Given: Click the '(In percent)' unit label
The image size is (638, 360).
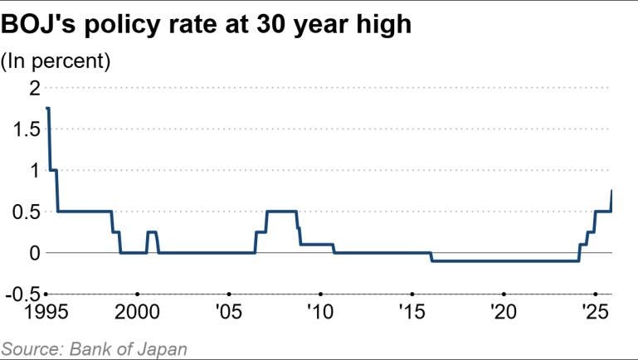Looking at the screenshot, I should (56, 61).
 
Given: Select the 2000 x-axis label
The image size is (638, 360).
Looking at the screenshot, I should (138, 312).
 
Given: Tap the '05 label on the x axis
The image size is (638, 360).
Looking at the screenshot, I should (229, 312).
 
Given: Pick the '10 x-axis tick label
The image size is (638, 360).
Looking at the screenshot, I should (320, 312).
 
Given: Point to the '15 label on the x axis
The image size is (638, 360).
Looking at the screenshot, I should (412, 312).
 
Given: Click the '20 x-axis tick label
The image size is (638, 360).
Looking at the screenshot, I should (504, 312).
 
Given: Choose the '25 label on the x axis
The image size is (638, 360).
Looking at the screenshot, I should (595, 312).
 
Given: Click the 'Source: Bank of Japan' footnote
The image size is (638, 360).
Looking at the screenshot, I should (94, 348).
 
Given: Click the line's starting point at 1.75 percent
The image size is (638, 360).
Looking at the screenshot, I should (48, 109).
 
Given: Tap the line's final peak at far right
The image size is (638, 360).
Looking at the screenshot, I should (611, 191).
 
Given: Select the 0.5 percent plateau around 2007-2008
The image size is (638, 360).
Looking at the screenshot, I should (281, 212).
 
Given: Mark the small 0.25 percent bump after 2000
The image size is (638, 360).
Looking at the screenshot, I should (152, 232).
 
